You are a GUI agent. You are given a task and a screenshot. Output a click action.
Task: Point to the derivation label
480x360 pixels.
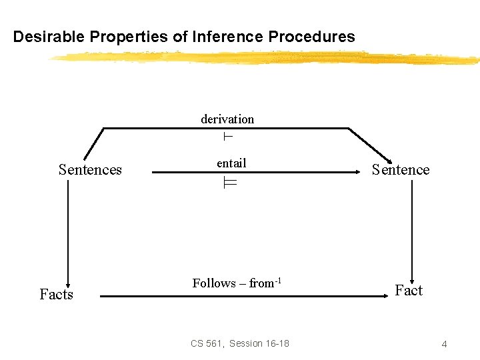(227, 119)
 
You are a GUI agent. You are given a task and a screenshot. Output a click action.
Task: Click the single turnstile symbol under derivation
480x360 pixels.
(227, 137)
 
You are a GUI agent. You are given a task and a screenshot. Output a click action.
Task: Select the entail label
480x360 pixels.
(231, 163)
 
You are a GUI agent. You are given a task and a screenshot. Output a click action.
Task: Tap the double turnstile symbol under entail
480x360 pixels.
(230, 184)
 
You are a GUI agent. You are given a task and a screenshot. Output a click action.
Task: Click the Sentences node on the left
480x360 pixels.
(90, 170)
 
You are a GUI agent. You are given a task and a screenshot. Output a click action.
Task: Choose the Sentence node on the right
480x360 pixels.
(401, 170)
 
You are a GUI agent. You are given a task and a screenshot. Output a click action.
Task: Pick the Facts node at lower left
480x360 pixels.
(56, 294)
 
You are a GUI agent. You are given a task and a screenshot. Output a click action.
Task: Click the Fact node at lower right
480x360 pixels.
(409, 291)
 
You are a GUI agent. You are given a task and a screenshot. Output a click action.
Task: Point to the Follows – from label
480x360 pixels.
(232, 283)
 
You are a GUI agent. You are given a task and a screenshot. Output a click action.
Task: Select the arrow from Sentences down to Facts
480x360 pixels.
(68, 227)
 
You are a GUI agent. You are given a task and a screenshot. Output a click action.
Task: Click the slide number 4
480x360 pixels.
(444, 344)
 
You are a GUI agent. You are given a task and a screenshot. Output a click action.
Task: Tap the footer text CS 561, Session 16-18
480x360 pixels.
(240, 343)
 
